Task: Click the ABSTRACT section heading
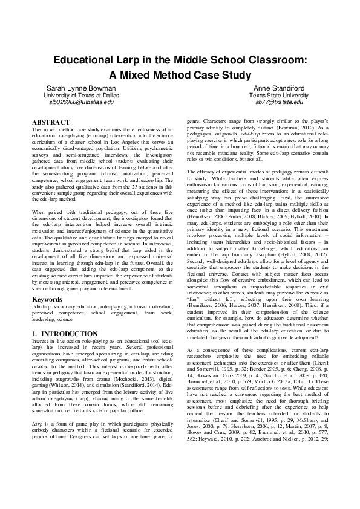[50, 122]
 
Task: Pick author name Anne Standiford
[278, 88]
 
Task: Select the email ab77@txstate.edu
[278, 102]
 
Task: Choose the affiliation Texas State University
[278, 95]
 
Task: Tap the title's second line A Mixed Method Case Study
[180, 75]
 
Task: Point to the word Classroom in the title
[275, 61]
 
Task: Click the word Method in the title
[172, 75]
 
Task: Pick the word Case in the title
[207, 75]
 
